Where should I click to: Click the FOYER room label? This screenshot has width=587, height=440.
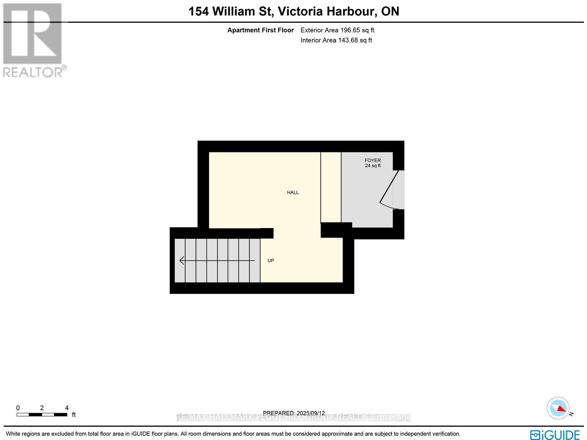point(372,161)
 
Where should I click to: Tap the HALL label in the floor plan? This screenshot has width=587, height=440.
point(293,192)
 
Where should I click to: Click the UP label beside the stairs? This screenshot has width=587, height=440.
point(271,261)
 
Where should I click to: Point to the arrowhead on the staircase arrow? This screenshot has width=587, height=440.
point(181,261)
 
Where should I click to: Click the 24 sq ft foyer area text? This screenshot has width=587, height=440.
point(372,166)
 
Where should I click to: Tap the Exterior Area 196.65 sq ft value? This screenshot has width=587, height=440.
point(337,30)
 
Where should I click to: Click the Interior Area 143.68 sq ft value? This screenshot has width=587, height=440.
point(336,40)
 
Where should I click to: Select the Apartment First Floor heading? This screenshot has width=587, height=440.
point(260,30)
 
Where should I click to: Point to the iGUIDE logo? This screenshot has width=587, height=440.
point(555,434)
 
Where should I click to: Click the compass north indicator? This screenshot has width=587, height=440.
point(558,408)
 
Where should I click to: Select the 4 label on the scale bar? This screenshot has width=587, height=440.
point(67,408)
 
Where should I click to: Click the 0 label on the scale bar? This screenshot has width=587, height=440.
point(18,408)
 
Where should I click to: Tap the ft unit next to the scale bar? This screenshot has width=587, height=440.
point(74,415)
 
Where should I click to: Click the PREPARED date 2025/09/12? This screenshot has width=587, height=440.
point(310,413)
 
